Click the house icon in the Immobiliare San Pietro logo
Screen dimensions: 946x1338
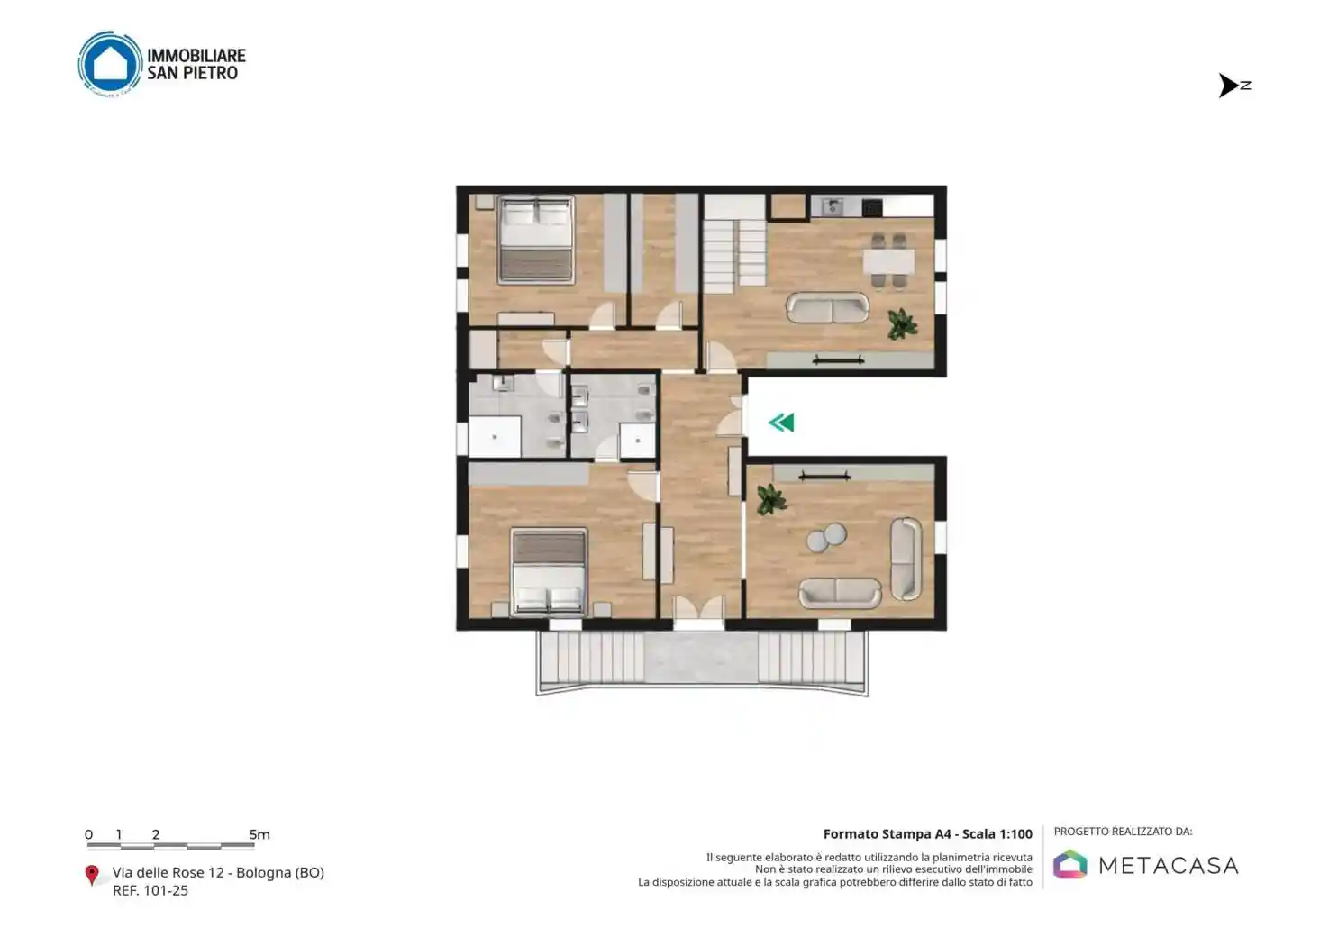pos(110,64)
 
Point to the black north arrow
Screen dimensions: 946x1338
pos(1229,86)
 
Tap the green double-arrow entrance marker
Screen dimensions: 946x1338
pos(781,423)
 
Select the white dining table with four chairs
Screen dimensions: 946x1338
pos(888,261)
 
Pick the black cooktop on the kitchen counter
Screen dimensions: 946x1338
pos(871,207)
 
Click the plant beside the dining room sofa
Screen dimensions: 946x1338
pos(901,323)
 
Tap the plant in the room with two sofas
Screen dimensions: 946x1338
pos(771,499)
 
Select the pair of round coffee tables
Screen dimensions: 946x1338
pos(826,538)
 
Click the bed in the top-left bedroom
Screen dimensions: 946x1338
pos(536,239)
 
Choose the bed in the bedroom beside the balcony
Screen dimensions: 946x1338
pos(549,571)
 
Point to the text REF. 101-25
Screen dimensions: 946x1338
pos(150,890)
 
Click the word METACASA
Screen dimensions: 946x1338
pos(1168,866)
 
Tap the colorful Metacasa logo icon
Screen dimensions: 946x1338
pos(1069,865)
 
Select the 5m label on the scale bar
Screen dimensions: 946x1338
pos(259,834)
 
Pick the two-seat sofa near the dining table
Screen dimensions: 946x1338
pos(827,308)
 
